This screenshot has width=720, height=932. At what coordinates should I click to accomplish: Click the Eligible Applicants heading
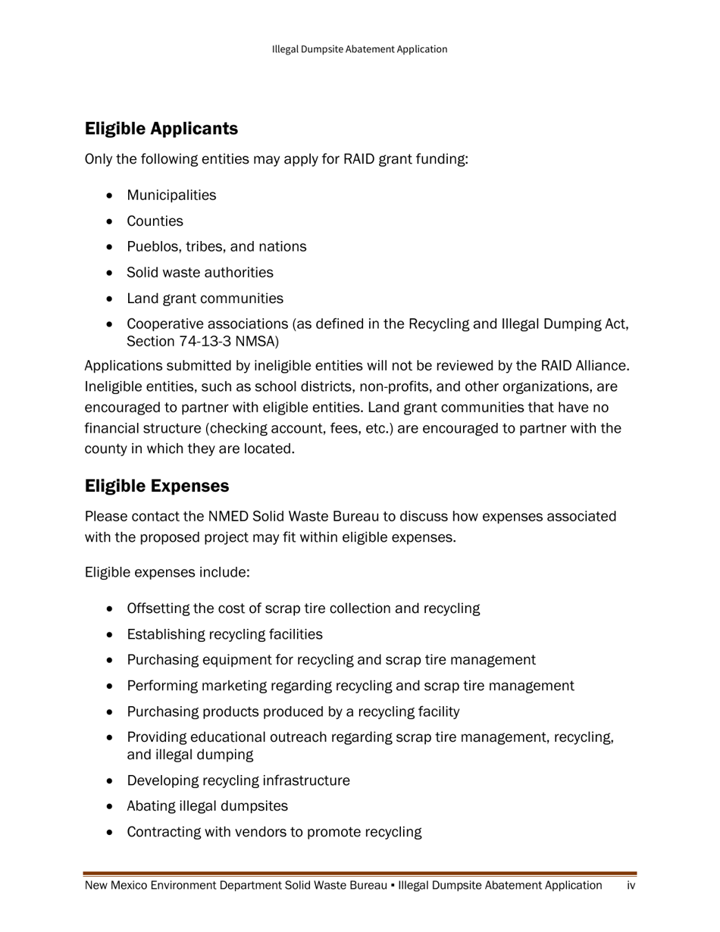(x=161, y=129)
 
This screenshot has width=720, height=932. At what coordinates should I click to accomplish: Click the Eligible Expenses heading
(x=157, y=485)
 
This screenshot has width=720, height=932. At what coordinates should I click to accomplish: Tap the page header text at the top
(x=359, y=49)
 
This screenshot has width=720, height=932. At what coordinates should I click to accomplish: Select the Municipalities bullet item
(x=171, y=195)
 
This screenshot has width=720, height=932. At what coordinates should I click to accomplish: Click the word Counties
(x=155, y=221)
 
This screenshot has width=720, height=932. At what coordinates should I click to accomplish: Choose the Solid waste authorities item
(x=200, y=273)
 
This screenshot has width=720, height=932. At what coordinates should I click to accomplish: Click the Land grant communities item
(x=205, y=299)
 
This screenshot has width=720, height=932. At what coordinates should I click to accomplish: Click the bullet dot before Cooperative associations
(x=111, y=324)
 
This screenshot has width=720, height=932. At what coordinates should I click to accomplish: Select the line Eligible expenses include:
(x=167, y=572)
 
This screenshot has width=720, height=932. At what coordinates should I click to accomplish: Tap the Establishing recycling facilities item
(x=224, y=635)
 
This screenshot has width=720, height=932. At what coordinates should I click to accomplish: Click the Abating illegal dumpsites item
(x=207, y=806)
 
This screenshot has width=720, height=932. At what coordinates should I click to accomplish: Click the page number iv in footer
(x=631, y=886)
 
